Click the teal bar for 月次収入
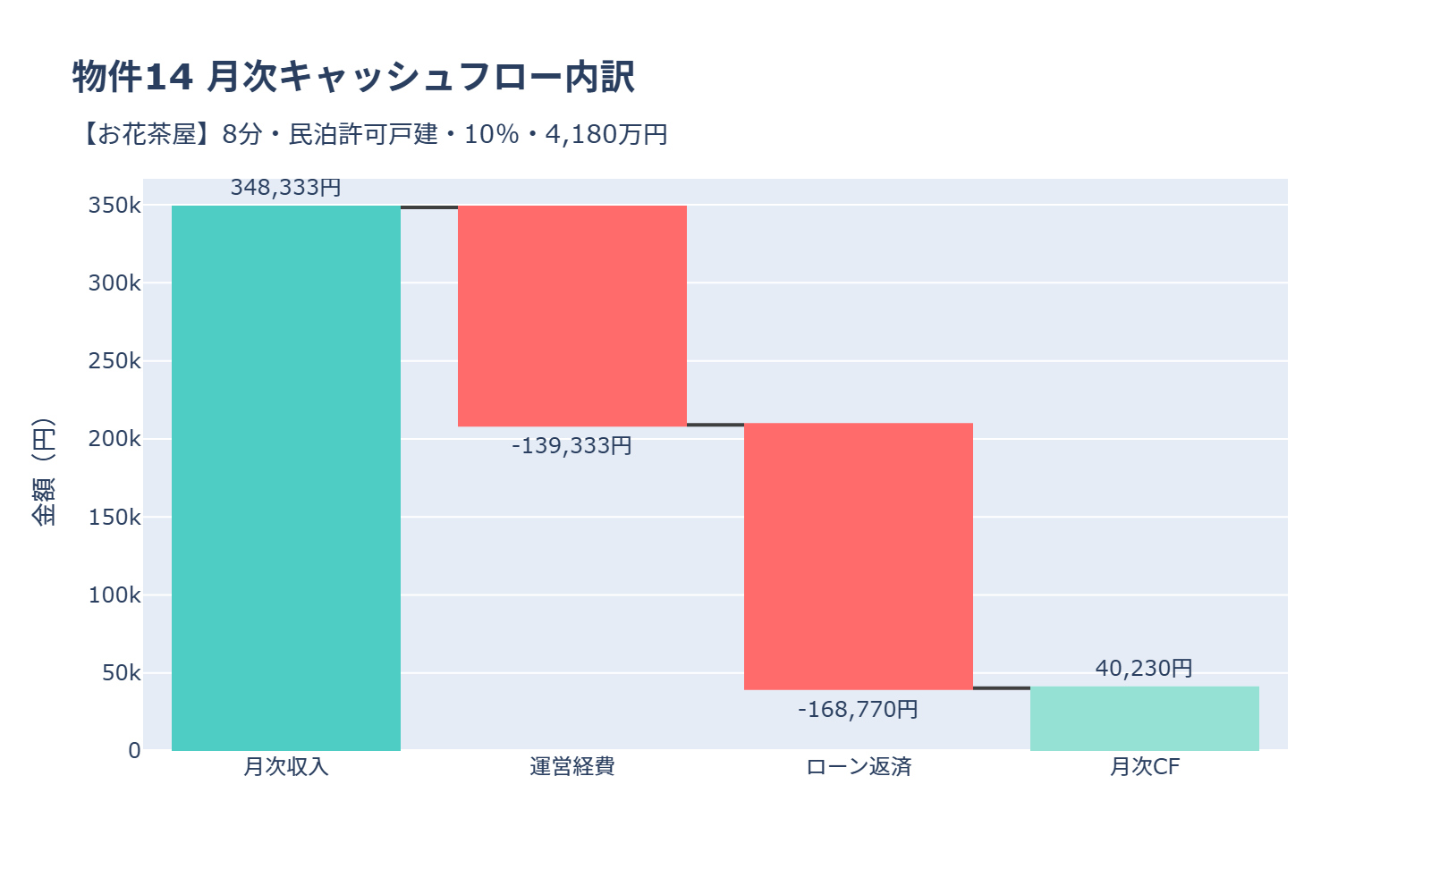pyautogui.click(x=286, y=478)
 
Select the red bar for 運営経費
pyautogui.click(x=572, y=316)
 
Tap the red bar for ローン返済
pyautogui.click(x=859, y=556)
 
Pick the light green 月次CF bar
pyautogui.click(x=1145, y=719)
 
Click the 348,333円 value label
pyautogui.click(x=286, y=188)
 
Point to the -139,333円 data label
pyautogui.click(x=572, y=445)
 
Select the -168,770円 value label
pyautogui.click(x=859, y=709)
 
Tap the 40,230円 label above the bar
pyautogui.click(x=1144, y=668)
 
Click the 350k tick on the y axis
pyautogui.click(x=114, y=206)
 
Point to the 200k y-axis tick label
pyautogui.click(x=114, y=439)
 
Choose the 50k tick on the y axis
pyautogui.click(x=121, y=673)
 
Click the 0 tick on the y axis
pyautogui.click(x=134, y=751)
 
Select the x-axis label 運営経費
pyautogui.click(x=572, y=767)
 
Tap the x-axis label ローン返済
pyautogui.click(x=859, y=767)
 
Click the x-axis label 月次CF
pyautogui.click(x=1145, y=767)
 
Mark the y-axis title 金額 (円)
pyautogui.click(x=43, y=472)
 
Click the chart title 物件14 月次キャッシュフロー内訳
pyautogui.click(x=353, y=77)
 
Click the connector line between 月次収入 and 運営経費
pyautogui.click(x=429, y=207)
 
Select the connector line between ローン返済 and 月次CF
pyautogui.click(x=1002, y=687)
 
